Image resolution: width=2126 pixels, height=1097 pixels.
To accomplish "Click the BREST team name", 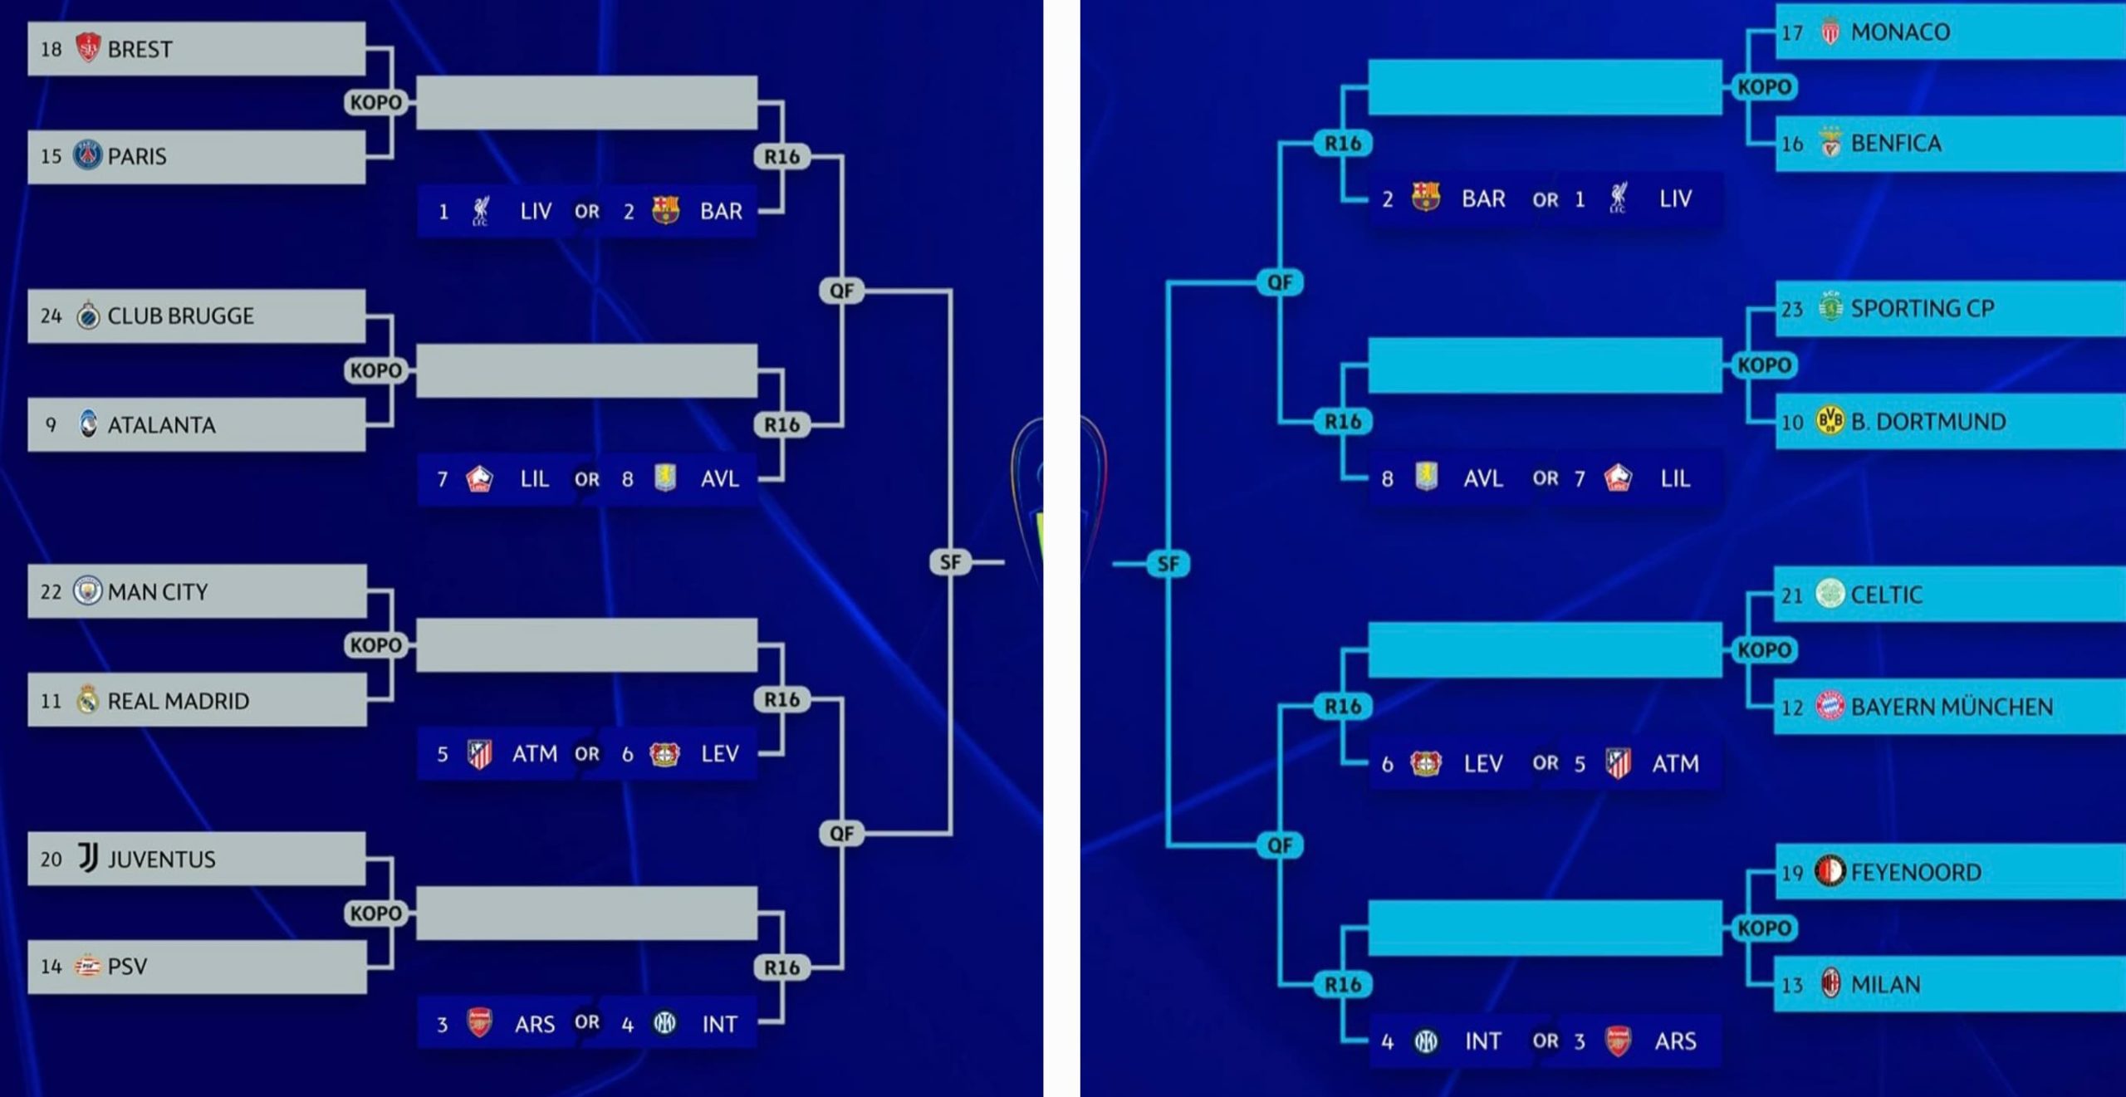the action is click(x=140, y=50).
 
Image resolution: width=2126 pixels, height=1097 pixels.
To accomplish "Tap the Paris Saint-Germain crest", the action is click(x=87, y=155).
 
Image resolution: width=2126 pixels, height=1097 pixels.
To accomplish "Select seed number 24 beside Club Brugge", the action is click(x=51, y=316).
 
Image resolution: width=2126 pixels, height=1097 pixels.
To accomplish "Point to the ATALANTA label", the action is click(x=161, y=425).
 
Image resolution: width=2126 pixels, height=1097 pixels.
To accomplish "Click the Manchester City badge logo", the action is click(x=87, y=591).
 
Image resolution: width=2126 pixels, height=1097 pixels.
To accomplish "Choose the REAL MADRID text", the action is click(x=179, y=701).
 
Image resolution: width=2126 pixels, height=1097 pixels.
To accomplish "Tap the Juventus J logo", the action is click(x=87, y=858).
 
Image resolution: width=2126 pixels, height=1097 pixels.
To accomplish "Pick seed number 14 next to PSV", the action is click(x=51, y=967).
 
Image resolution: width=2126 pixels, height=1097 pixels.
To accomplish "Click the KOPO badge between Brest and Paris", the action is click(x=376, y=102).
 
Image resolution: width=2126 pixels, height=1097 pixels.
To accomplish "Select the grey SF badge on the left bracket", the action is click(x=950, y=562).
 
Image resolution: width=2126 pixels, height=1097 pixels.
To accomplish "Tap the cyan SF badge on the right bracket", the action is click(x=1168, y=564).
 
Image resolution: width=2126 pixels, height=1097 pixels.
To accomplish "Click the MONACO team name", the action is click(x=1900, y=32).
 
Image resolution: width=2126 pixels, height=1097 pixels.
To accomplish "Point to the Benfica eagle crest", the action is click(x=1830, y=143).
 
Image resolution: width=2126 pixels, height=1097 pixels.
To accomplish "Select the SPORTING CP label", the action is click(x=1923, y=309).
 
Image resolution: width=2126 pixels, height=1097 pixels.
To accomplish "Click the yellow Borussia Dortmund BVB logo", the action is click(x=1830, y=421).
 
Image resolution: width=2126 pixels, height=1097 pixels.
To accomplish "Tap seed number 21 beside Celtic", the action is click(x=1792, y=595).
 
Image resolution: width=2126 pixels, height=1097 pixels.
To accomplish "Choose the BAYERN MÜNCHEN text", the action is click(x=1952, y=707).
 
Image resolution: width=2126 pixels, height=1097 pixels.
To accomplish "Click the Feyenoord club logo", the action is click(x=1830, y=871).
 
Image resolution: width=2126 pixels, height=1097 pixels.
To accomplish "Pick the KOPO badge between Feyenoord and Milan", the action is click(x=1765, y=928).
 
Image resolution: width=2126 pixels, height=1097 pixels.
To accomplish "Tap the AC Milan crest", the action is click(x=1830, y=983).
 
